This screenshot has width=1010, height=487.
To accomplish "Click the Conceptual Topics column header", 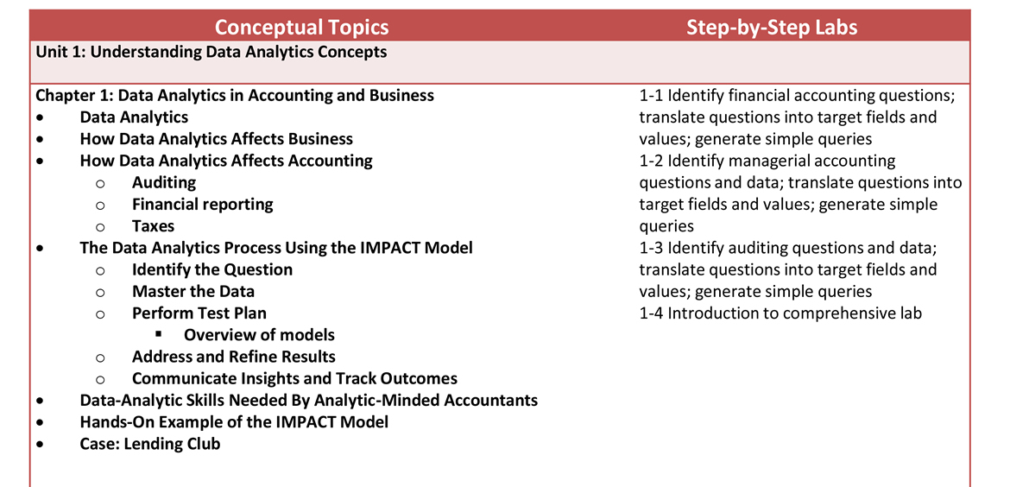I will coord(301,27).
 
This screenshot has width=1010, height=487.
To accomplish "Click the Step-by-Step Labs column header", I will coord(772,27).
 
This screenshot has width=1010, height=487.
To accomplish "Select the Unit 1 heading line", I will coord(211,52).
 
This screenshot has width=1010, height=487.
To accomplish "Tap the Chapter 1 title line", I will coord(234,95).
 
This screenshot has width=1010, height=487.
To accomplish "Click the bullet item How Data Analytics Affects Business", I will coord(216,139).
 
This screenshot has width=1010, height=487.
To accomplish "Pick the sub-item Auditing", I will coord(163,182).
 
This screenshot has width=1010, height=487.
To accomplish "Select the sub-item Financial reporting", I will coord(202,205).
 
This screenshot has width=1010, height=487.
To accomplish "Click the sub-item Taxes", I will coord(153,226).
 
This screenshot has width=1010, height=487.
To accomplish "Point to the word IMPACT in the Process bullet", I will coord(392,248).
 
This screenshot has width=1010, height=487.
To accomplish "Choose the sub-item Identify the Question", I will coord(211,269).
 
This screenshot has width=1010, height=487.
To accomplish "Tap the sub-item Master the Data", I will coord(193,292).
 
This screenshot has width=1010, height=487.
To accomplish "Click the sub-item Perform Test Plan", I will coord(199,313).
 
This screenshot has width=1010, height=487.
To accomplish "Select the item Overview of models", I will coord(259,335).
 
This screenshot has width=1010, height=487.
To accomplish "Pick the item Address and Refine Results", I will coord(233,357).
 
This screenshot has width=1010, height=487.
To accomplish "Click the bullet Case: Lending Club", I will coord(149,444).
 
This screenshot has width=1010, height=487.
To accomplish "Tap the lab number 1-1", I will coord(651,95).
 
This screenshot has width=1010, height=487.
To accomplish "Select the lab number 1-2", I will coord(651,161).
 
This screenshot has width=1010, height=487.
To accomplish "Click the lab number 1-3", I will coord(651,248).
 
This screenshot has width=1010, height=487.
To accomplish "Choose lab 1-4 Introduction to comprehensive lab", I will coord(780,313).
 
